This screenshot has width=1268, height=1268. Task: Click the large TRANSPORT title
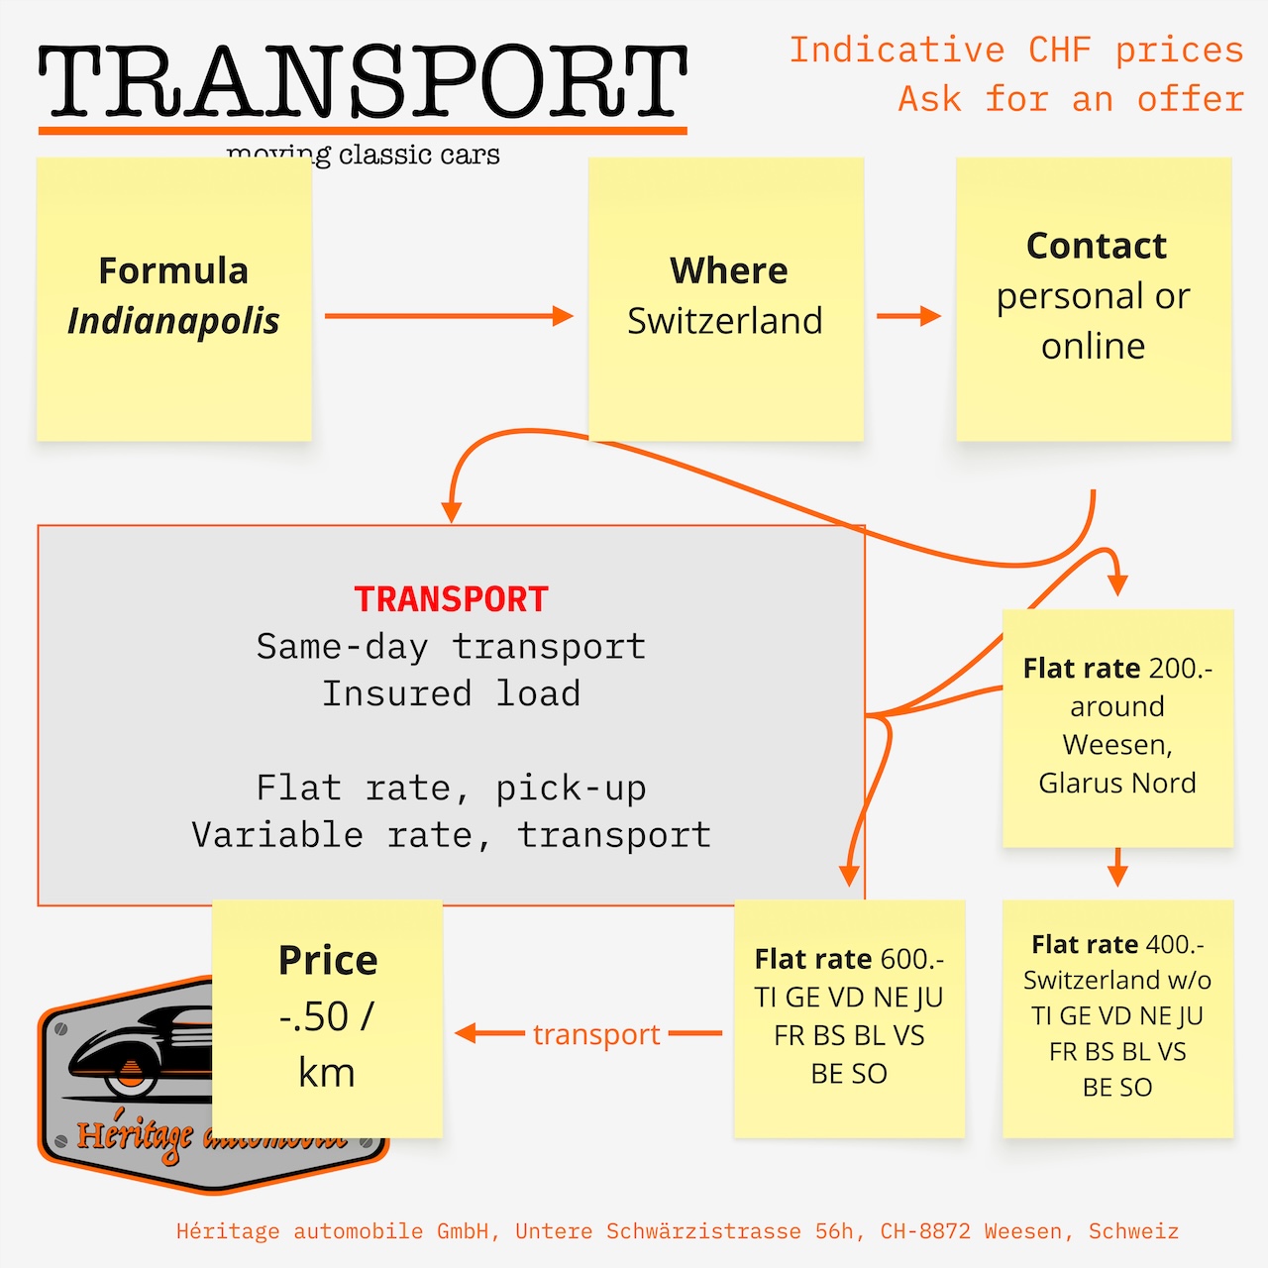pos(363,83)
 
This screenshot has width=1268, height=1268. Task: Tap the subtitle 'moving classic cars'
pos(363,155)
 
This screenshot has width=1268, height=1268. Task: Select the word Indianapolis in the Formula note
pos(173,321)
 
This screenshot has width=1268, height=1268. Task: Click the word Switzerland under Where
pos(725,321)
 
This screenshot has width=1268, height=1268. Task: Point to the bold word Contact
pos(1096,246)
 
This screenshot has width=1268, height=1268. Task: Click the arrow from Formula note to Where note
pos(448,316)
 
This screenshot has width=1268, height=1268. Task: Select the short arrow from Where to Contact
pos(907,316)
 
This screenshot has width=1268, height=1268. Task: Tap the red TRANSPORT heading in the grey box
pos(451,599)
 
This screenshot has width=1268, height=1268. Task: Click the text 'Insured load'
pos(451,693)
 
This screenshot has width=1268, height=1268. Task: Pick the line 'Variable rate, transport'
pos(451,835)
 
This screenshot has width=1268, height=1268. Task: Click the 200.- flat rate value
pos(1181,669)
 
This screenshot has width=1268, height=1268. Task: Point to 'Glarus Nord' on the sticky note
pos(1117,783)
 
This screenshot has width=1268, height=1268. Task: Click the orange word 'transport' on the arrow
pos(596,1034)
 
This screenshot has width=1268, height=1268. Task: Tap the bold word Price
pos(328,960)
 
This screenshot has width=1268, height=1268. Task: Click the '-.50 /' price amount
pos(326,1016)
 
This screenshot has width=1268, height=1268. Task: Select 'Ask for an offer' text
pos(1070,99)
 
